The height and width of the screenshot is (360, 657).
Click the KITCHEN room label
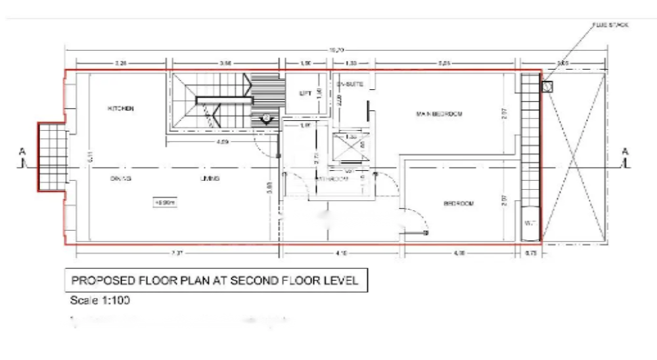[x=121, y=108]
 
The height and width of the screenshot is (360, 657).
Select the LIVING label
[x=210, y=178]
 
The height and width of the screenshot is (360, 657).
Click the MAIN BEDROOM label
[x=439, y=114]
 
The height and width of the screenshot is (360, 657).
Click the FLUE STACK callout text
[x=610, y=24]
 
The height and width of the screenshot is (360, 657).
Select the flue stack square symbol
[x=547, y=86]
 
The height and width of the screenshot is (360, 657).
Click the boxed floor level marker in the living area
[x=164, y=203]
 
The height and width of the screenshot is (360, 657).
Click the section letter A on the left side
[x=22, y=152]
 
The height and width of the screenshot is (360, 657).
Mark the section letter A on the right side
[x=625, y=152]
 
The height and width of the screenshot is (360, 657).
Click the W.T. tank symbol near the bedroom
[x=530, y=223]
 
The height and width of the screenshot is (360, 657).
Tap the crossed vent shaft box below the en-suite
[x=350, y=146]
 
